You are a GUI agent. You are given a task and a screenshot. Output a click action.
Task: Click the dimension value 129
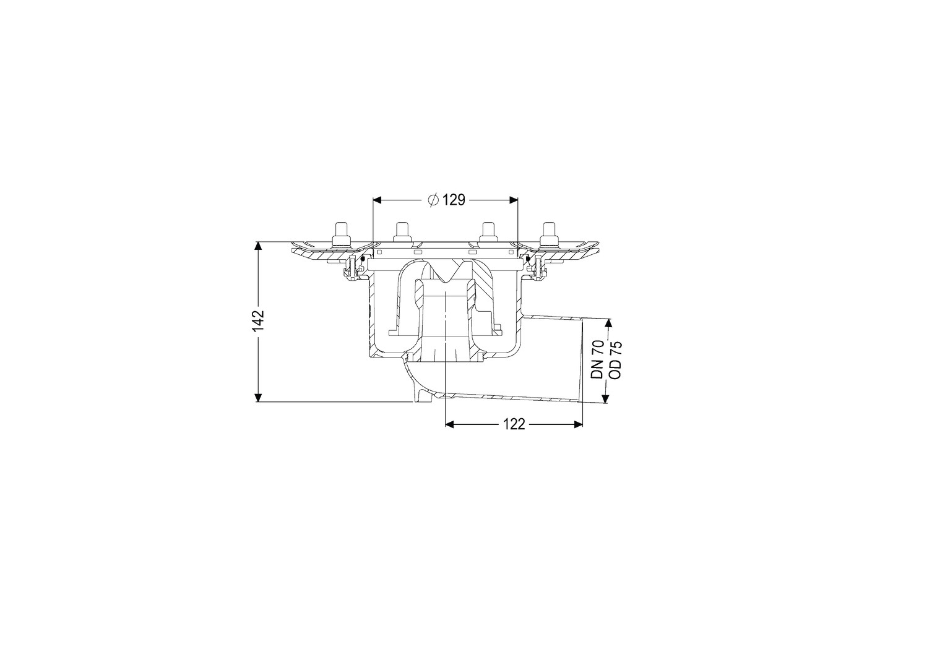click(454, 200)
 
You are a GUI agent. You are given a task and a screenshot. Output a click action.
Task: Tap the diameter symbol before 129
click(433, 200)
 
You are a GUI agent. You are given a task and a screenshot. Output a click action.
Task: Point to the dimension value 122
click(514, 424)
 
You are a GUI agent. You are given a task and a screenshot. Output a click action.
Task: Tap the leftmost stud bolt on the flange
click(340, 234)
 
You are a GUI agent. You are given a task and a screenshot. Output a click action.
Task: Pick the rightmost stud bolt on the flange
click(549, 234)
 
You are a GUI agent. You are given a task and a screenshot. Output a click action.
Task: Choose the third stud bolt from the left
click(488, 233)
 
